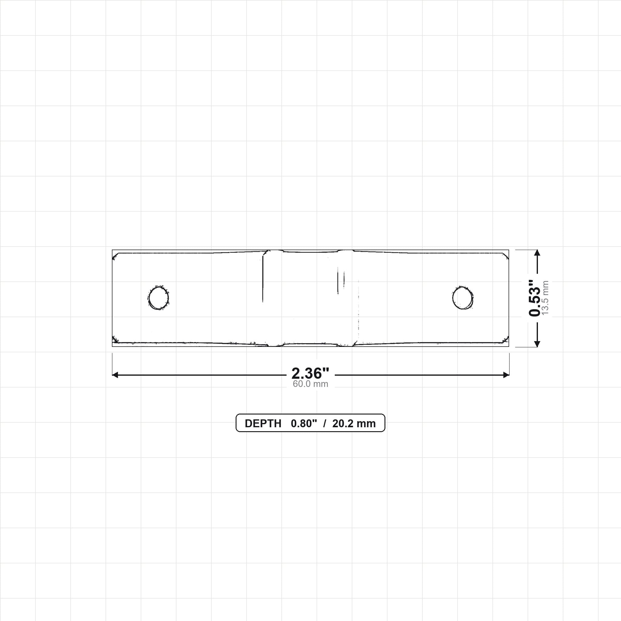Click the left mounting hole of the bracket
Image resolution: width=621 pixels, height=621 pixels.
158,298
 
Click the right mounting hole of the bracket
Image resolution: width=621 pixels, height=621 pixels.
462,298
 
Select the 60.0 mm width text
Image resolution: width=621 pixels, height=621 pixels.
310,384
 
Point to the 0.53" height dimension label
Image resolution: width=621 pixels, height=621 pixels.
535,298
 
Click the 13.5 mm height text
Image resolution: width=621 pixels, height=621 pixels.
545,298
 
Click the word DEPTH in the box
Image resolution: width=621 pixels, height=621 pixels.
263,424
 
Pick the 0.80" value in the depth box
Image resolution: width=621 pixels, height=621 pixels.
304,424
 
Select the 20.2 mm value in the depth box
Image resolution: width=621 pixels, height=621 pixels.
354,424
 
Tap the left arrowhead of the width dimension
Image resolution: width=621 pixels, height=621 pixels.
115,375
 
